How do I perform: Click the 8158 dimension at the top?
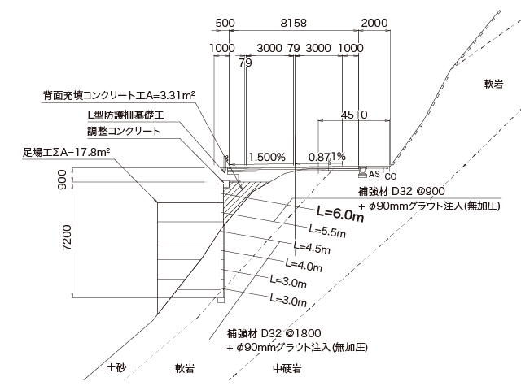click(x=292, y=24)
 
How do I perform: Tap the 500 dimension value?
click(x=227, y=24)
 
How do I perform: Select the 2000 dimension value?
click(x=375, y=24)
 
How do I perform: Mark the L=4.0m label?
click(x=305, y=263)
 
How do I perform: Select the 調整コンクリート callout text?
click(x=124, y=131)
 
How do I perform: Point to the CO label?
click(x=391, y=176)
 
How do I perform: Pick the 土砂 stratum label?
click(x=116, y=368)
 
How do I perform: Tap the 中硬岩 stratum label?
click(x=287, y=368)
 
